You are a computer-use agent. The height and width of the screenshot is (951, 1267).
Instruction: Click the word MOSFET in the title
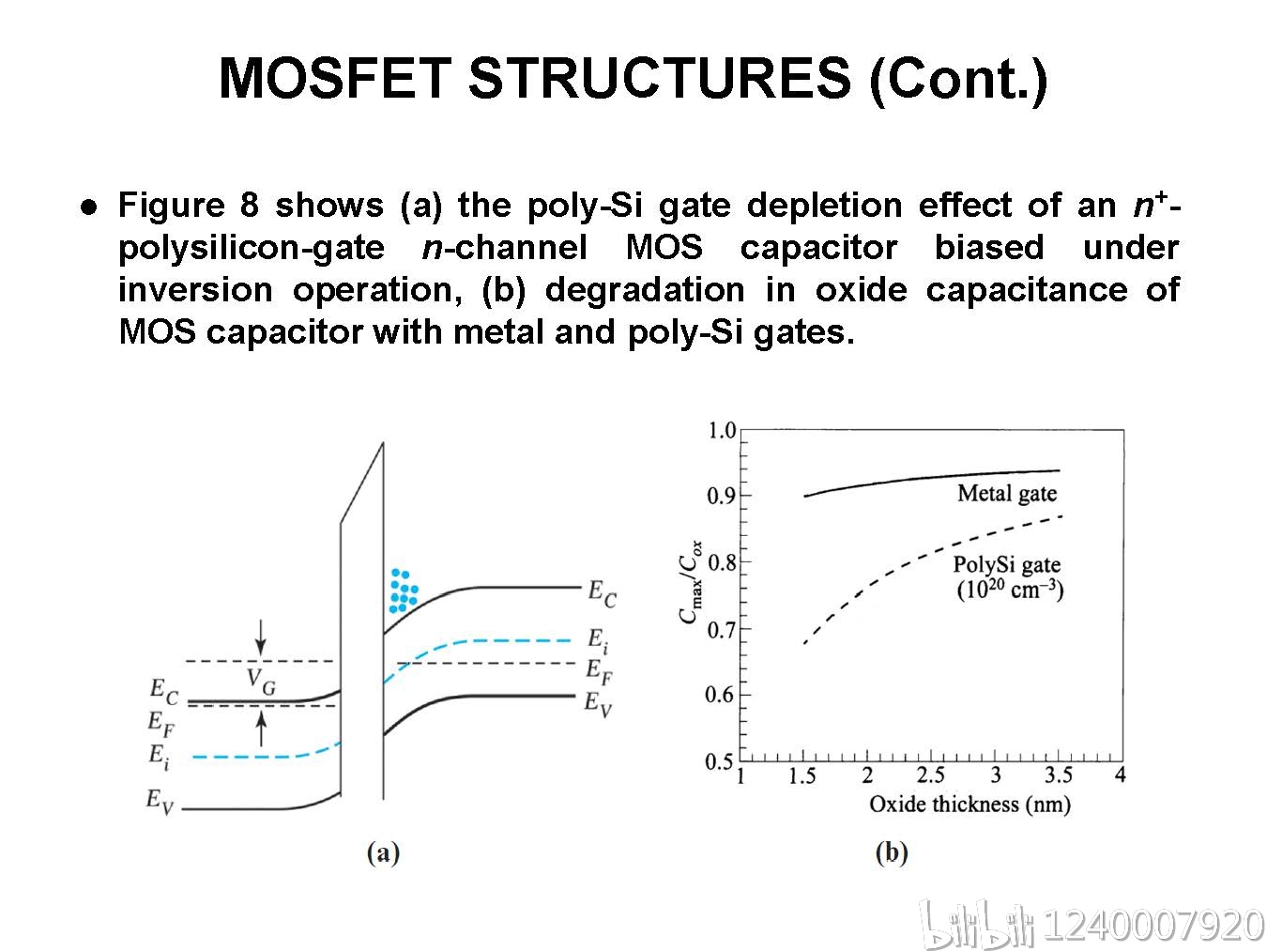coord(335,78)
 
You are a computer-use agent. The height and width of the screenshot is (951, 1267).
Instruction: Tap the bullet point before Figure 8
coord(89,207)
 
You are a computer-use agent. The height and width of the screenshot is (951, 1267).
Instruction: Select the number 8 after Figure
coord(250,205)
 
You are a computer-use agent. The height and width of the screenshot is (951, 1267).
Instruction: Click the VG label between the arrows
coord(262,682)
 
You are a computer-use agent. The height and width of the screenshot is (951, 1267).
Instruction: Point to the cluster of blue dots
coord(404,591)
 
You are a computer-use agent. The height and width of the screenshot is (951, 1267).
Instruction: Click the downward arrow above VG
coord(261,637)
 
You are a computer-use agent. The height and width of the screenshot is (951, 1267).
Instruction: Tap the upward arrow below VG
coord(262,729)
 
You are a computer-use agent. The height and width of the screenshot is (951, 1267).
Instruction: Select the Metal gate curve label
coord(1007,494)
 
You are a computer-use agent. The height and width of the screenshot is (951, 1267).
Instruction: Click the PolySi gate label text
coord(1007,565)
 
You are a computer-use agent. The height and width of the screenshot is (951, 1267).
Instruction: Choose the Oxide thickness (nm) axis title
coord(969,805)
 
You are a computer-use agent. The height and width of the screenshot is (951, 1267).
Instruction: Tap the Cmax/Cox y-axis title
coord(691,582)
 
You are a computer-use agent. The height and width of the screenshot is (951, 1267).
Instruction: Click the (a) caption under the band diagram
coord(383,852)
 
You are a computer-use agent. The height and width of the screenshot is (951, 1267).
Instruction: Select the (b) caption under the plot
coord(892,852)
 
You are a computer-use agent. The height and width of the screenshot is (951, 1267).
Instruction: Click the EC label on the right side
coord(602,593)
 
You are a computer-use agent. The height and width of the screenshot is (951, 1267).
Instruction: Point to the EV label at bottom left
coord(160,802)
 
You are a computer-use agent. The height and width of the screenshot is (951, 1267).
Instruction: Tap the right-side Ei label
coord(598,640)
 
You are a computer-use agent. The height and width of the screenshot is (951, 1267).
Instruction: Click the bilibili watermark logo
coord(977,925)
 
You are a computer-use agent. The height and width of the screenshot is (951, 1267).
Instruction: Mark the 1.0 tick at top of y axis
coord(722,431)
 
